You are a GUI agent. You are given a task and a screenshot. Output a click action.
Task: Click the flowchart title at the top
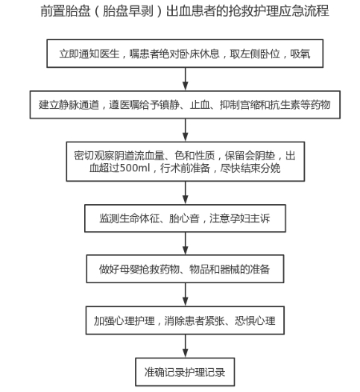pyautogui.click(x=185, y=11)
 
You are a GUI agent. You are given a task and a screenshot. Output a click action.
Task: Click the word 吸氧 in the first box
pyautogui.click(x=300, y=54)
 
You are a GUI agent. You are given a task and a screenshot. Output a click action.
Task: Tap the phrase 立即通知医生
pyautogui.click(x=89, y=54)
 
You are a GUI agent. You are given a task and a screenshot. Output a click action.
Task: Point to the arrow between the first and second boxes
pyautogui.click(x=186, y=79)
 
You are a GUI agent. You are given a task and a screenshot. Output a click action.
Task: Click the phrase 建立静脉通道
pyautogui.click(x=69, y=105)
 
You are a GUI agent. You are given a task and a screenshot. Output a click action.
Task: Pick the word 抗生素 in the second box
pyautogui.click(x=285, y=105)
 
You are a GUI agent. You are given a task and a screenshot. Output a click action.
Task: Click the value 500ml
pyautogui.click(x=134, y=168)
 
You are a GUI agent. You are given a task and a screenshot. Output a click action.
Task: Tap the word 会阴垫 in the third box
pyautogui.click(x=260, y=156)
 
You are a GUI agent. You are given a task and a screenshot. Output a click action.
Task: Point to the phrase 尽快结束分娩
pyautogui.click(x=250, y=168)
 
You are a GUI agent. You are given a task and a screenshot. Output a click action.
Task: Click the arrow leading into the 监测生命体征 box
pyautogui.click(x=186, y=192)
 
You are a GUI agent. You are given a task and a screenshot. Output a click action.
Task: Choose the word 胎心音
pyautogui.click(x=184, y=218)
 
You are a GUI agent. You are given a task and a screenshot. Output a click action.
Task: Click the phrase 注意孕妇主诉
pyautogui.click(x=240, y=218)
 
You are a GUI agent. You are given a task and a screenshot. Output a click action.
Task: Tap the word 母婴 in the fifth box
pyautogui.click(x=129, y=269)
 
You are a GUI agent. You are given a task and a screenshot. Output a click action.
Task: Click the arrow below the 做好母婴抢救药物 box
pyautogui.click(x=186, y=294)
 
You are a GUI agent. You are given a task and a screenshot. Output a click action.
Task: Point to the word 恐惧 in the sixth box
pyautogui.click(x=244, y=320)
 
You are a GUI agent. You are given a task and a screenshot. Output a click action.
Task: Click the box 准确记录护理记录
pyautogui.click(x=185, y=372)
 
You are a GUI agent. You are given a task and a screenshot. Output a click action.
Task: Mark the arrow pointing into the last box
pyautogui.click(x=186, y=346)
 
